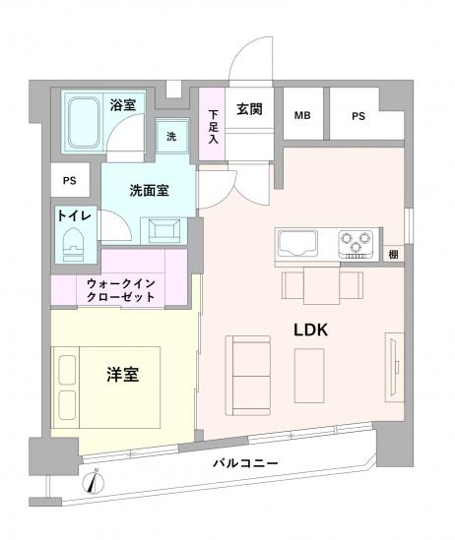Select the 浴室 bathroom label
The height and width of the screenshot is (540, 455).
point(122,104)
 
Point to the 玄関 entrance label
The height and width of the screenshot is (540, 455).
point(249,110)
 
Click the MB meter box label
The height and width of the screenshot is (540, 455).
point(302,117)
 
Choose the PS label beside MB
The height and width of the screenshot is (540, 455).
point(358,117)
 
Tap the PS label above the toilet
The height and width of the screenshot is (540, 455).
point(69,181)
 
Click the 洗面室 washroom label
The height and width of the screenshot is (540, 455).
point(148,190)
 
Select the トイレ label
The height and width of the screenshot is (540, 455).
point(74,215)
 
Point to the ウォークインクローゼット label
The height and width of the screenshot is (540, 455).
point(117,290)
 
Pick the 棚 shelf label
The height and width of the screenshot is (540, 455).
point(393,256)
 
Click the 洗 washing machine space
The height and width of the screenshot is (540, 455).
point(171,137)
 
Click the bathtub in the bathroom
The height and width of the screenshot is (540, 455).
point(86,122)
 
